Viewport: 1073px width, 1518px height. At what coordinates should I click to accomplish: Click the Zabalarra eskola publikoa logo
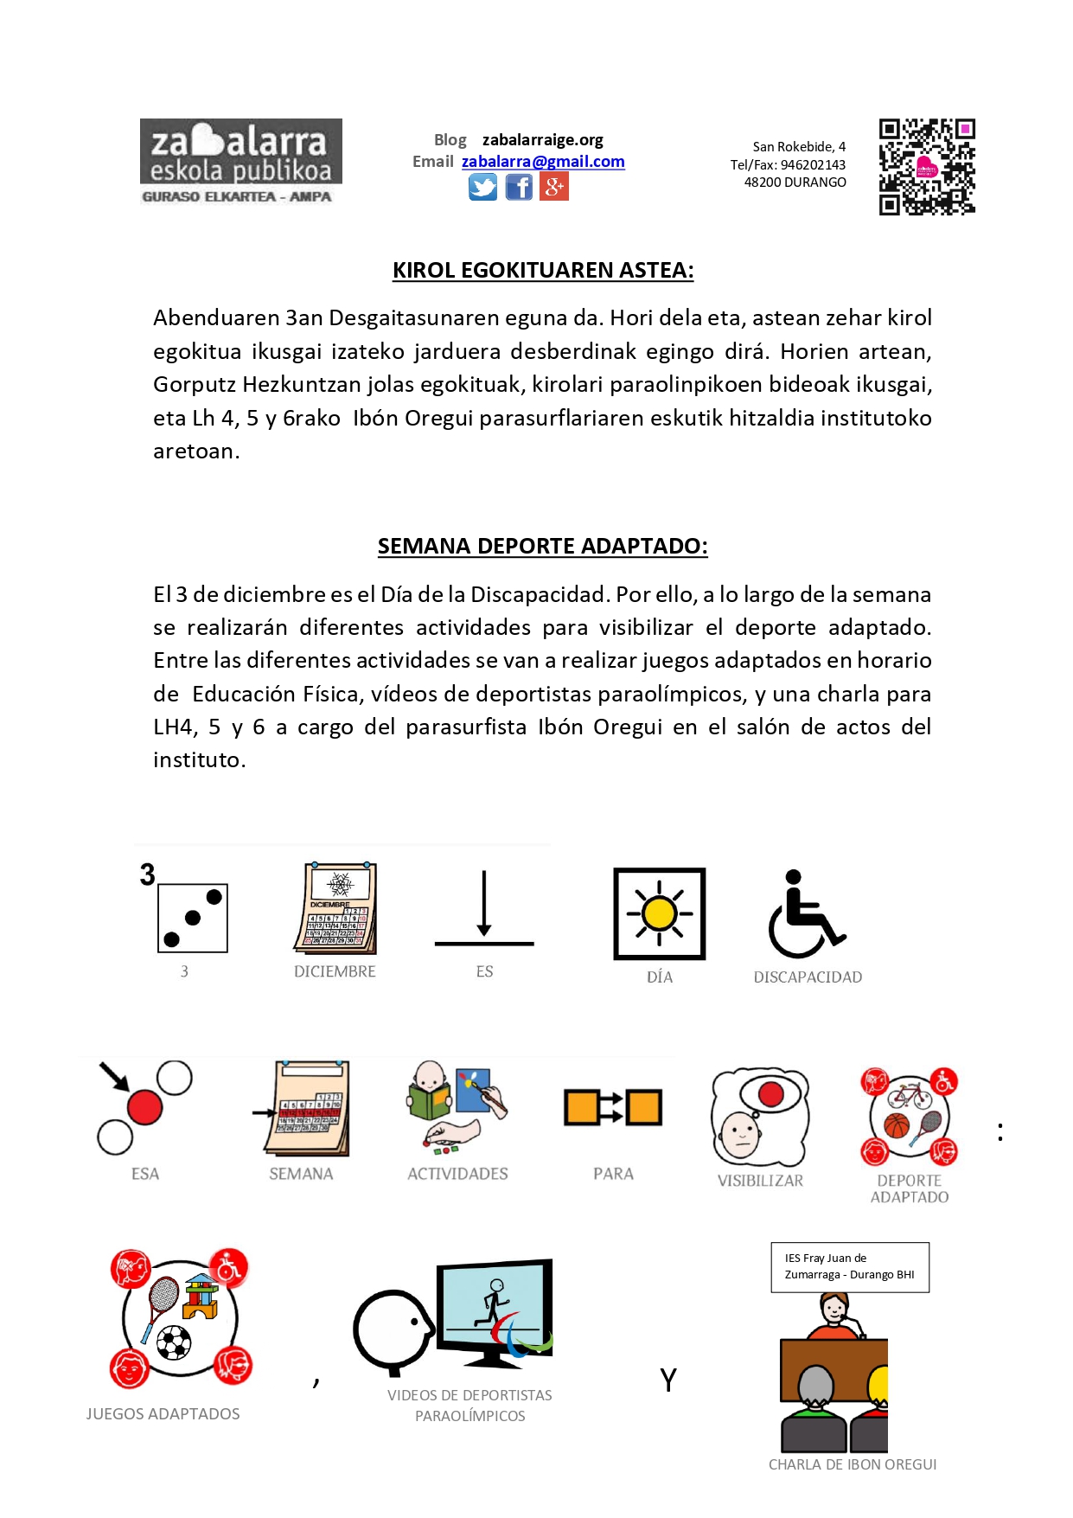pyautogui.click(x=240, y=161)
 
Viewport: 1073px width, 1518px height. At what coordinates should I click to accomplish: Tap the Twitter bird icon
pyautogui.click(x=482, y=187)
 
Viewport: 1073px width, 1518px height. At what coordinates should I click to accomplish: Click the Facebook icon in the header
pyautogui.click(x=519, y=187)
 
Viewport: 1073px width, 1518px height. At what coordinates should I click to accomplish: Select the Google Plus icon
pyautogui.click(x=554, y=187)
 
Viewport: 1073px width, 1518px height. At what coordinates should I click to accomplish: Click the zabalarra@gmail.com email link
pyautogui.click(x=543, y=162)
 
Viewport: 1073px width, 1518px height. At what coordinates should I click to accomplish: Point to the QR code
pyautogui.click(x=927, y=167)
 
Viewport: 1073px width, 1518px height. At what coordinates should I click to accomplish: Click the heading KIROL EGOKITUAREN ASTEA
pyautogui.click(x=543, y=271)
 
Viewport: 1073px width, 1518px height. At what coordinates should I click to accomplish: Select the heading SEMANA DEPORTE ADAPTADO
pyautogui.click(x=543, y=547)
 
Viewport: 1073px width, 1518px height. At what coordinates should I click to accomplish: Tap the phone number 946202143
pyautogui.click(x=813, y=165)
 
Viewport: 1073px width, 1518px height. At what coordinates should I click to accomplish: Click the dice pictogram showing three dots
pyautogui.click(x=192, y=918)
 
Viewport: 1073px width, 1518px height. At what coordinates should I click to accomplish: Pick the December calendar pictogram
pyautogui.click(x=336, y=908)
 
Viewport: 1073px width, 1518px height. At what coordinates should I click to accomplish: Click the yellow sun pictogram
pyautogui.click(x=660, y=913)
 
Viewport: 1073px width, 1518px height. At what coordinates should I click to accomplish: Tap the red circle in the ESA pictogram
pyautogui.click(x=144, y=1107)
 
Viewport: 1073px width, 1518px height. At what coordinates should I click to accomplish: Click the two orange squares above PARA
pyautogui.click(x=613, y=1107)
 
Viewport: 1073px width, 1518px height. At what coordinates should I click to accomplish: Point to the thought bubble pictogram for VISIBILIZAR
pyautogui.click(x=760, y=1116)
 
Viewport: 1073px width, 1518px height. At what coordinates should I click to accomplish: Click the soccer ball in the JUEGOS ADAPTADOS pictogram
pyautogui.click(x=174, y=1342)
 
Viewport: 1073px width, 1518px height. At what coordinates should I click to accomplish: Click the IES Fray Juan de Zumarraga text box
pyautogui.click(x=850, y=1267)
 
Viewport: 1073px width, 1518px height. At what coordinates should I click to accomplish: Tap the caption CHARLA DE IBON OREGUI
pyautogui.click(x=853, y=1464)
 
